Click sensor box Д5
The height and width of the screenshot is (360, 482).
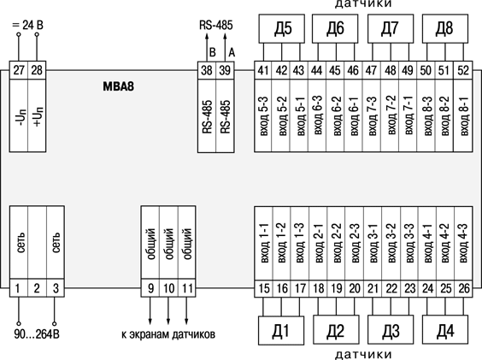pos(281,28)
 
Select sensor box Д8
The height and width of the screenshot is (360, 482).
pos(445,28)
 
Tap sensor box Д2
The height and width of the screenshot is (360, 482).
pos(336,330)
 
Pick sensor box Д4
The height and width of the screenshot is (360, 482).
pos(445,330)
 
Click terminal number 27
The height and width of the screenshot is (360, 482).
pos(19,70)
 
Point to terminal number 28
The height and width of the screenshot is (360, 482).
pos(37,70)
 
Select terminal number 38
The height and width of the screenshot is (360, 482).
pos(207,70)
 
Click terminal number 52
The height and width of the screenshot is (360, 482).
pos(463,70)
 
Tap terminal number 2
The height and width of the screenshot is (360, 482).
pos(37,288)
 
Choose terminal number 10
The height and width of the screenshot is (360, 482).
pos(168,288)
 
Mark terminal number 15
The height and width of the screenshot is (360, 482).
pos(264,288)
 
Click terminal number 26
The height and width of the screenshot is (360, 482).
pos(464,288)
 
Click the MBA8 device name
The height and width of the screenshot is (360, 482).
pos(118,86)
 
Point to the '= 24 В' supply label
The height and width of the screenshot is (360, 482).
pos(27,25)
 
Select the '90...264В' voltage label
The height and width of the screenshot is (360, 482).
pos(37,334)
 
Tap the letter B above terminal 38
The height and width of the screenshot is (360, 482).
pos(213,52)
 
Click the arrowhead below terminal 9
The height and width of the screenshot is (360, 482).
pos(150,322)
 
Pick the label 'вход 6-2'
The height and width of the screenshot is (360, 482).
pos(337,116)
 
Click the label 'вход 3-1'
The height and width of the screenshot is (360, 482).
pos(373,243)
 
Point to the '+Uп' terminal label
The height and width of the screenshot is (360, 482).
pos(38,117)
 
